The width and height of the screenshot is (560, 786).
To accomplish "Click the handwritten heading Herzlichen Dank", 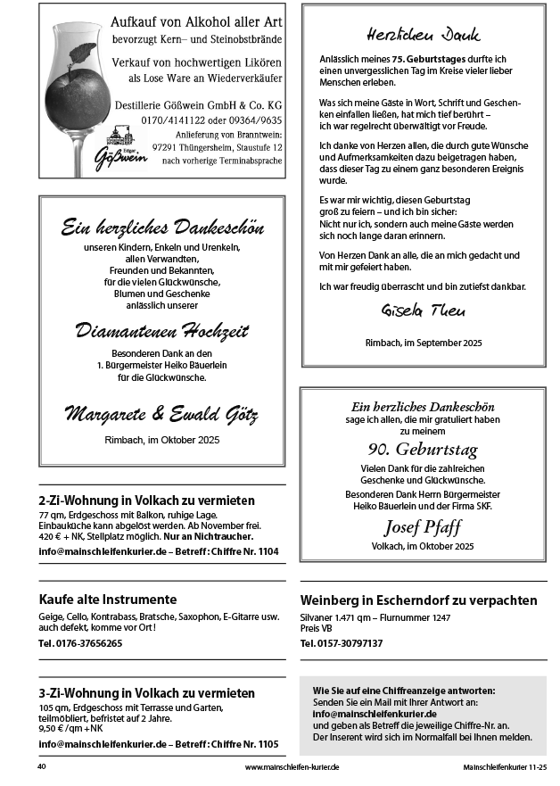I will click(x=424, y=35).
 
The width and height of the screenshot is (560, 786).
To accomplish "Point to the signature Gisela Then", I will click(x=424, y=312).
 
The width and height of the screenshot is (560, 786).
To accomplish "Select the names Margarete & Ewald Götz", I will click(x=161, y=414).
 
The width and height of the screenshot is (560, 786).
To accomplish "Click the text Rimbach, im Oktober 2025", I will click(x=161, y=439).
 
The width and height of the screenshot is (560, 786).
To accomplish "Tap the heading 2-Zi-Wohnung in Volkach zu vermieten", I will click(x=147, y=501).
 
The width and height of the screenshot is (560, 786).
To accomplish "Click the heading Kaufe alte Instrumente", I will click(x=108, y=599).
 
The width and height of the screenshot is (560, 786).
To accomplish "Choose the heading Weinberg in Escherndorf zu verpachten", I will click(x=419, y=600).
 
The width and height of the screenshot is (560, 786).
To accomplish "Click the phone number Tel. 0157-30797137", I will click(x=342, y=642).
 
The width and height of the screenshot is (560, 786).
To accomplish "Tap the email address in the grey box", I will click(x=375, y=714).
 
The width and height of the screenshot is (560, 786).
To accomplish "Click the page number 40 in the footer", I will click(x=42, y=766).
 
